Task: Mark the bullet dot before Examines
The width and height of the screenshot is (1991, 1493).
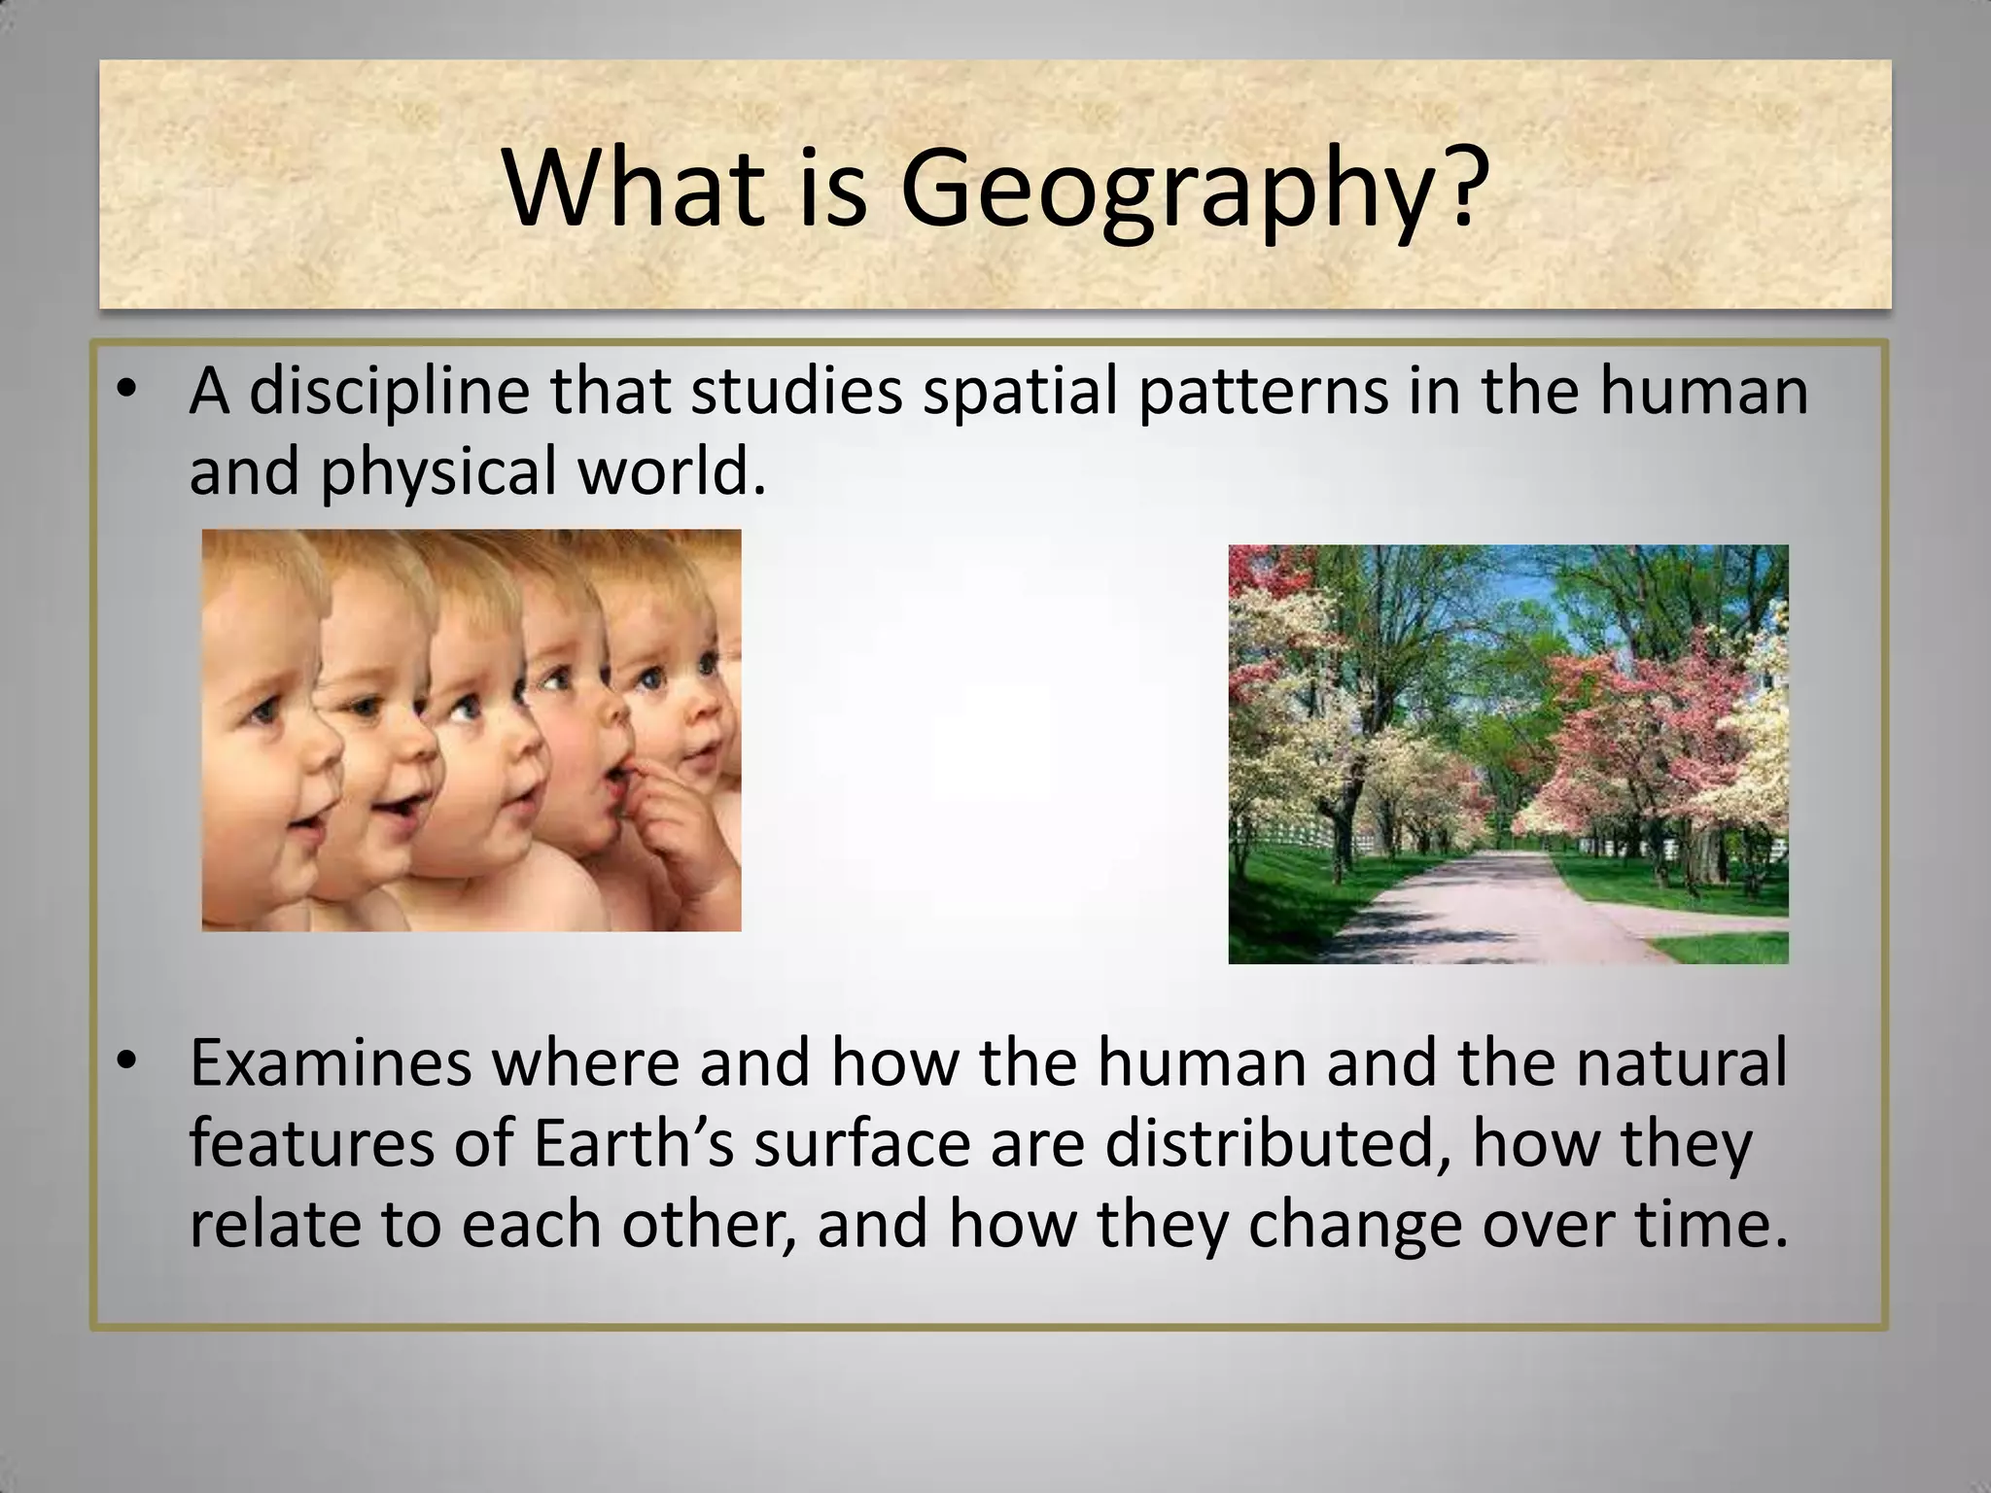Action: [x=124, y=1064]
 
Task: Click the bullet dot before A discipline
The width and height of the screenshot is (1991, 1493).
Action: [x=124, y=393]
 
